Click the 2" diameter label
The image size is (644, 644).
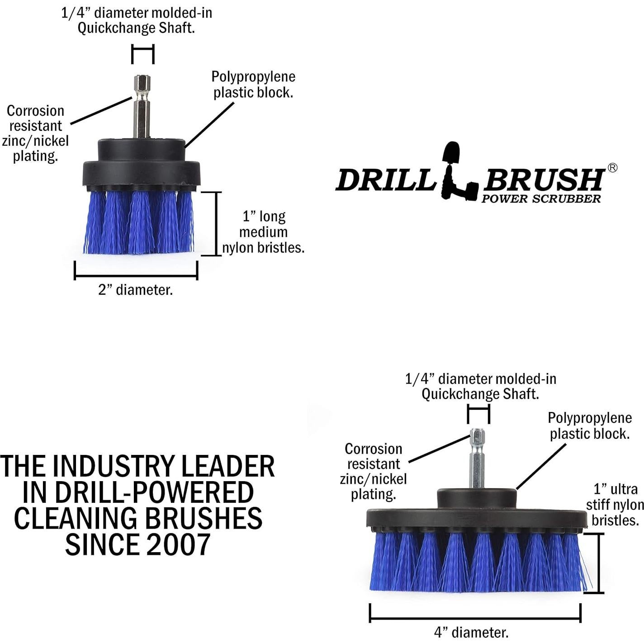136,290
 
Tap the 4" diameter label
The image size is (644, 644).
471,632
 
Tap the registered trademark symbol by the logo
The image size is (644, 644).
612,168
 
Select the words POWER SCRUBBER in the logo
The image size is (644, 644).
541,199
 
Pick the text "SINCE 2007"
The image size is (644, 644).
137,545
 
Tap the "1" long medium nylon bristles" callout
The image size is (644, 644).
263,232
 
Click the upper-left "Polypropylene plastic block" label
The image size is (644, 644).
253,85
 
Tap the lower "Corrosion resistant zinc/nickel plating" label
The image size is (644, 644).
374,471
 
